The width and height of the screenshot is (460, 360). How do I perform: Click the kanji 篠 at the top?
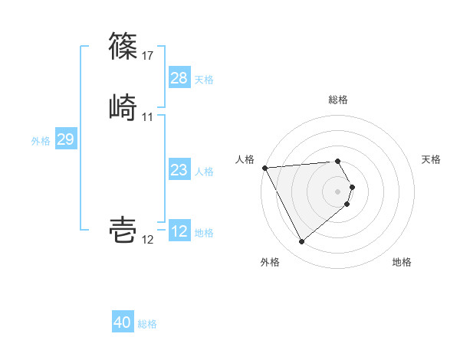(124, 45)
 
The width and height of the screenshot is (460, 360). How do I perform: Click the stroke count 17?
(148, 56)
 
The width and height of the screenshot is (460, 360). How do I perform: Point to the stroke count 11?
(148, 117)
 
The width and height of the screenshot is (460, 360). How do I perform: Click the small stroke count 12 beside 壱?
(148, 240)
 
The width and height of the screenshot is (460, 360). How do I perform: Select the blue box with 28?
(179, 78)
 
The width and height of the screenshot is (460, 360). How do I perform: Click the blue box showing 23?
(179, 170)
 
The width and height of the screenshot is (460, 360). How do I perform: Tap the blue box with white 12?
(179, 231)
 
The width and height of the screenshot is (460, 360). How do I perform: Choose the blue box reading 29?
(65, 139)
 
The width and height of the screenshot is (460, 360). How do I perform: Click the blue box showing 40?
(123, 322)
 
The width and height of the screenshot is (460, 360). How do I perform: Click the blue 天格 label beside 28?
(204, 79)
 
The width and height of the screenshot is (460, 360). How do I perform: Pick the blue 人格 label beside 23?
(204, 171)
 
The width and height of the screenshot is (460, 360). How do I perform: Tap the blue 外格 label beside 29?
(41, 140)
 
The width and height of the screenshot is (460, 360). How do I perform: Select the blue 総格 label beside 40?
(147, 323)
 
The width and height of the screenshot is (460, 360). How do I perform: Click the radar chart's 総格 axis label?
(338, 100)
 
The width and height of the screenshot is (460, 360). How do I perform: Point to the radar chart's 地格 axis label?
(402, 262)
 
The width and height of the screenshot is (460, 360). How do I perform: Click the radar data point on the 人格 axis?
(264, 167)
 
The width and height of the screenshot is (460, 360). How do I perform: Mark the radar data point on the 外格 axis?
(301, 242)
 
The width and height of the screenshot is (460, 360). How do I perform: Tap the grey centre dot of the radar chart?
(338, 191)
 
